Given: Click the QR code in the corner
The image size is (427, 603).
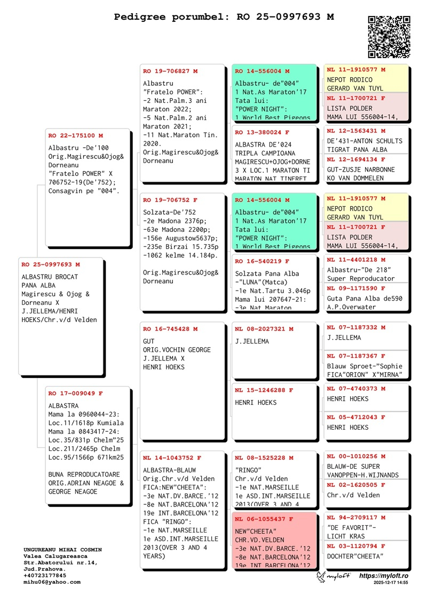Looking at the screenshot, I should click(389, 37).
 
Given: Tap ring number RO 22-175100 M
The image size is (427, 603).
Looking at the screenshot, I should click(75, 136).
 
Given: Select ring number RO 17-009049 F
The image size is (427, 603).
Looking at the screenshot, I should click(75, 393).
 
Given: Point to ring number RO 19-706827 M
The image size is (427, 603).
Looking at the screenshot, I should click(170, 71).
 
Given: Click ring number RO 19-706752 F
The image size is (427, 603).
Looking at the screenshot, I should click(170, 200).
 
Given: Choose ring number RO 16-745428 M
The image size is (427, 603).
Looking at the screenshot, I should click(170, 329).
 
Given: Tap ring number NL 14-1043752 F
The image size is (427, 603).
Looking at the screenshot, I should click(172, 458).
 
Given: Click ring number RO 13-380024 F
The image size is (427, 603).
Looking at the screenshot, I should click(262, 132).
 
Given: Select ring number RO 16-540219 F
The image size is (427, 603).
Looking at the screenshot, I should click(262, 262).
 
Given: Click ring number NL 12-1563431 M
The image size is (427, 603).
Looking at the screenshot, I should click(356, 131).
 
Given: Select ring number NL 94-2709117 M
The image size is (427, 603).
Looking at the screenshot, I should click(356, 518).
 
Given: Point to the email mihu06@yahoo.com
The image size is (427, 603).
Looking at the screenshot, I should click(52, 582).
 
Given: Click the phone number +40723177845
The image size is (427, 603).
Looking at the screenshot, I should click(45, 576).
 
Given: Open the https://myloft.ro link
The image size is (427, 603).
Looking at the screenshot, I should click(383, 576).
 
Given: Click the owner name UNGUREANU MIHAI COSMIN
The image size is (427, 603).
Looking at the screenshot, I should click(62, 550).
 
